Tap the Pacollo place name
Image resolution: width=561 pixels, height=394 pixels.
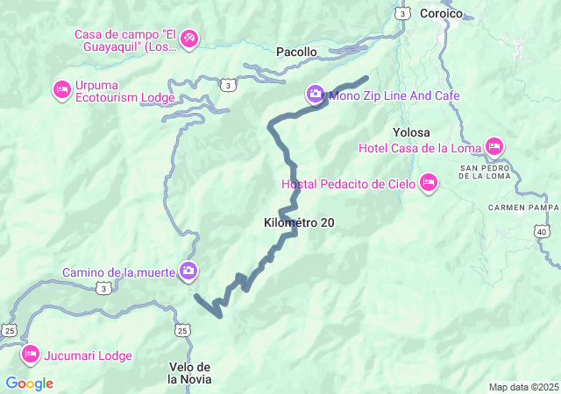pyautogui.click(x=296, y=53)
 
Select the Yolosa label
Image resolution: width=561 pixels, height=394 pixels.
pyautogui.click(x=411, y=132)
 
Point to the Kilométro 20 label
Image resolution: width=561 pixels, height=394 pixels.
pyautogui.click(x=298, y=223)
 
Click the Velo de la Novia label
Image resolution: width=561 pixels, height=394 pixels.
pyautogui.click(x=189, y=372)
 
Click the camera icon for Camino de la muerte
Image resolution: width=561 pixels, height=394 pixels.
pyautogui.click(x=188, y=271)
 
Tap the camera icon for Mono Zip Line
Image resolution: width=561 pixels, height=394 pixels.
pyautogui.click(x=315, y=94)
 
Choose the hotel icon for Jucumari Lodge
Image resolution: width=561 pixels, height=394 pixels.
pyautogui.click(x=31, y=355)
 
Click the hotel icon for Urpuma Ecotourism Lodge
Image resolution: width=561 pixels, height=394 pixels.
pyautogui.click(x=61, y=88)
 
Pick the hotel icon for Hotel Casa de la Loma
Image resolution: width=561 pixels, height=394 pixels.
pyautogui.click(x=494, y=145)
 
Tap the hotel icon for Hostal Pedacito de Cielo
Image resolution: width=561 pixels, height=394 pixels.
pyautogui.click(x=429, y=183)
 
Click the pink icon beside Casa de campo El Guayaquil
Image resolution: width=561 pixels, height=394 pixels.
pyautogui.click(x=190, y=39)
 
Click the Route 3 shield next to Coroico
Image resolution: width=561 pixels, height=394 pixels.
pyautogui.click(x=402, y=13)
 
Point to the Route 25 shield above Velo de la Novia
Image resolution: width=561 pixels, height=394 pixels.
pyautogui.click(x=182, y=330)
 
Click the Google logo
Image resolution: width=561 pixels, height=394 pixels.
pyautogui.click(x=29, y=383)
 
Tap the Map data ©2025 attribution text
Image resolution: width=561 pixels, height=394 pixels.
pyautogui.click(x=522, y=387)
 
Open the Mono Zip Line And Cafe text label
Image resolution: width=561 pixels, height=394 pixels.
pyautogui.click(x=394, y=95)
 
